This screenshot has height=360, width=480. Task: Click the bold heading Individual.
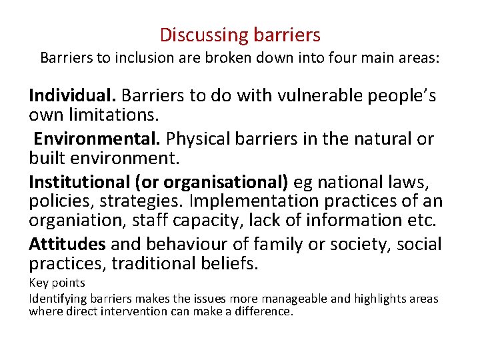(73, 96)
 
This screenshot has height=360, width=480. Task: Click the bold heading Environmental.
(97, 139)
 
